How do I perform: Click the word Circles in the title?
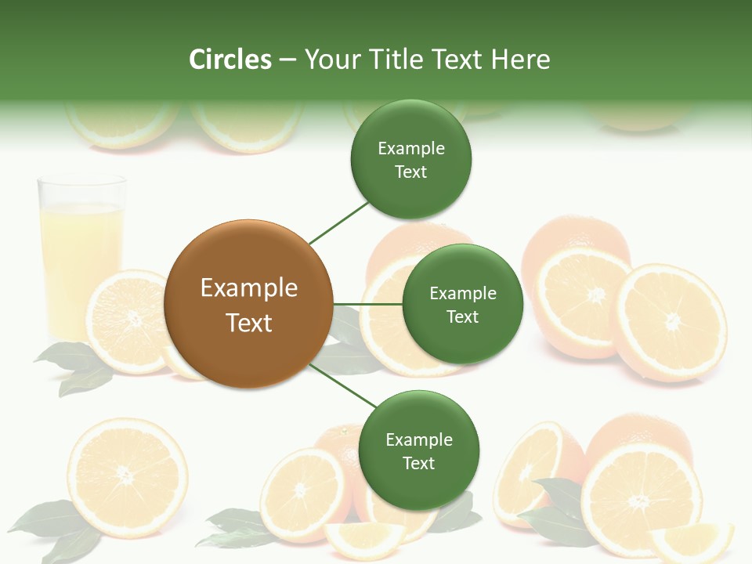pyautogui.click(x=230, y=60)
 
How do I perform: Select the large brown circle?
pyautogui.click(x=248, y=305)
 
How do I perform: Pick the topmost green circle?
pyautogui.click(x=410, y=159)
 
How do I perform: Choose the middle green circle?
pyautogui.click(x=462, y=304)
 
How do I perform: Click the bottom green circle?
pyautogui.click(x=418, y=450)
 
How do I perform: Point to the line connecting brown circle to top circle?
pyautogui.click(x=339, y=222)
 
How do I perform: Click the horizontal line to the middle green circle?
pyautogui.click(x=367, y=304)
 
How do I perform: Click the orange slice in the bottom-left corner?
pyautogui.click(x=127, y=477)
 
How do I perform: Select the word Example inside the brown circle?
pyautogui.click(x=248, y=288)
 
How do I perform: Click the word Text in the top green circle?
pyautogui.click(x=410, y=172)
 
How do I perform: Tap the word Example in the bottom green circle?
pyautogui.click(x=418, y=439)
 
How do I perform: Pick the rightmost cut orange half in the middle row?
pyautogui.click(x=671, y=321)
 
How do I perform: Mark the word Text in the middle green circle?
pyautogui.click(x=462, y=317)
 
